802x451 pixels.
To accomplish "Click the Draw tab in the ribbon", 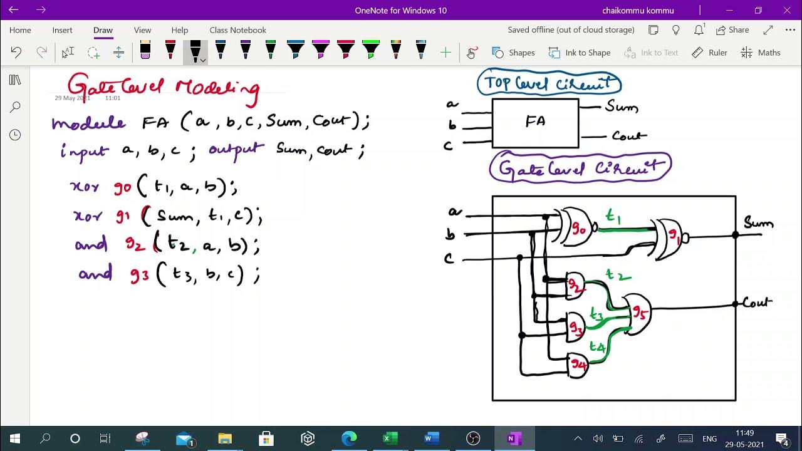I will pyautogui.click(x=103, y=30).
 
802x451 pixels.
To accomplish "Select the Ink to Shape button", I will pyautogui.click(x=580, y=53).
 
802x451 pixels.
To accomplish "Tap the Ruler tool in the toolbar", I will pyautogui.click(x=710, y=53).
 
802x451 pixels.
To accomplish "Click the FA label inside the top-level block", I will pyautogui.click(x=535, y=122).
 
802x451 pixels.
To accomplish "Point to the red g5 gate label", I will pyautogui.click(x=638, y=311).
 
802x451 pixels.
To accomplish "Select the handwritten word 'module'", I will pyautogui.click(x=88, y=123).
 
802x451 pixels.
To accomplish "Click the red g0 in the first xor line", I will pyautogui.click(x=123, y=187).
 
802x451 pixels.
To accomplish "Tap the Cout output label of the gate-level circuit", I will pyautogui.click(x=757, y=303).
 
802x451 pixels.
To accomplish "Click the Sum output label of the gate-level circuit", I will pyautogui.click(x=758, y=223).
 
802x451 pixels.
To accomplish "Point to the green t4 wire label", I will pyautogui.click(x=596, y=346).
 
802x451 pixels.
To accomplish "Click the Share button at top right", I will pyautogui.click(x=732, y=30).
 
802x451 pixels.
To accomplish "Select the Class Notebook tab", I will pyautogui.click(x=237, y=30).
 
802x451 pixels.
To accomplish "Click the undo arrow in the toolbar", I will pyautogui.click(x=16, y=53).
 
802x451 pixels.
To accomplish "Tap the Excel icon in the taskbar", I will pyautogui.click(x=390, y=438).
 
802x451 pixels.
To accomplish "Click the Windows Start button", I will pyautogui.click(x=14, y=438).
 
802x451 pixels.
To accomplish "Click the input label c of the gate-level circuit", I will pyautogui.click(x=449, y=259).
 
